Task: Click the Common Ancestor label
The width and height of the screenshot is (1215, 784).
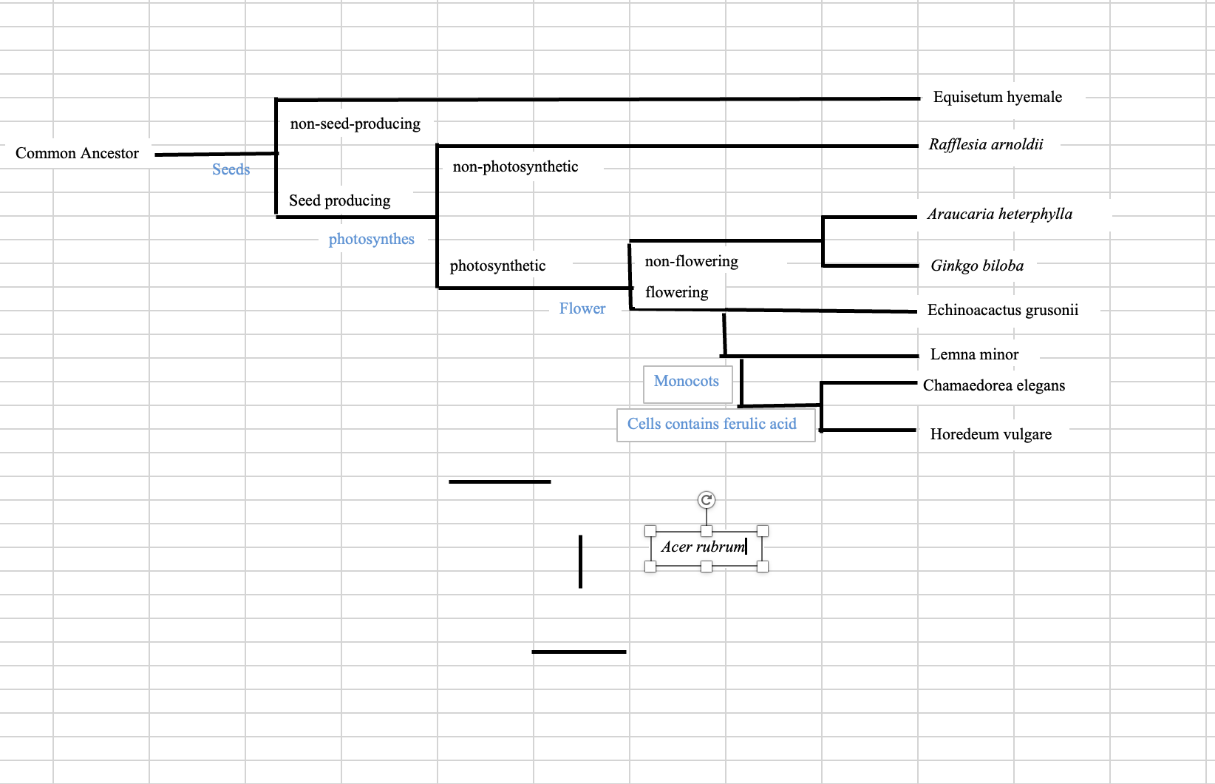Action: click(77, 153)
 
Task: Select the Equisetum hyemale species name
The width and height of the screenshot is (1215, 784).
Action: click(997, 97)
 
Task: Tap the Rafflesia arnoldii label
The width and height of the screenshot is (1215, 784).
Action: click(985, 144)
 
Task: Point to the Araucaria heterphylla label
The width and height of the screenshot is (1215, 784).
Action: click(999, 214)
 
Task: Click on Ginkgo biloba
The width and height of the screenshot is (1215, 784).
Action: click(976, 266)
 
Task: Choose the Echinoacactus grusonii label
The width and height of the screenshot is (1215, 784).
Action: click(1002, 310)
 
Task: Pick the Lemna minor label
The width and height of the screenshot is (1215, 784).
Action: click(973, 354)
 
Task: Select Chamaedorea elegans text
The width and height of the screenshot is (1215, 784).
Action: click(993, 385)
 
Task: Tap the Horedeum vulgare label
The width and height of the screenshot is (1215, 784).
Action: click(990, 434)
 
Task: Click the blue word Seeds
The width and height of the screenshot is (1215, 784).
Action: click(231, 169)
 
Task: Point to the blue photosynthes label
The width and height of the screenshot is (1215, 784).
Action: click(371, 239)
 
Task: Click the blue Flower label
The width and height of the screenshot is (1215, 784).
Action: click(582, 308)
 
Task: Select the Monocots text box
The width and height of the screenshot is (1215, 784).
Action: click(687, 382)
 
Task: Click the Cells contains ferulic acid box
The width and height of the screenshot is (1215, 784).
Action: click(712, 425)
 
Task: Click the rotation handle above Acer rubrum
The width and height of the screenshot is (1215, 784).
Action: click(707, 500)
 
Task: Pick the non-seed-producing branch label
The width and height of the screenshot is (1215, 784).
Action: click(355, 124)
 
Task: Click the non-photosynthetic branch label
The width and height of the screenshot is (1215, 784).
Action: click(515, 166)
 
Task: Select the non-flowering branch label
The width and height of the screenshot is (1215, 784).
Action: click(691, 261)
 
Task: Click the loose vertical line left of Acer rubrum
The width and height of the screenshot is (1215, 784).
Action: click(580, 562)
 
